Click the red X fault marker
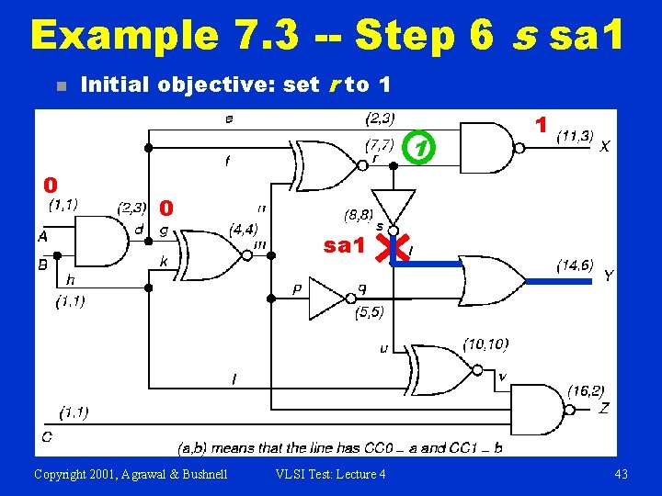(x=399, y=246)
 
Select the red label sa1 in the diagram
(x=345, y=245)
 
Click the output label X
(x=604, y=146)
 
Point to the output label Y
(x=608, y=276)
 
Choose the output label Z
(x=603, y=408)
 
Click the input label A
(x=42, y=236)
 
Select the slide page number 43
(x=621, y=473)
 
